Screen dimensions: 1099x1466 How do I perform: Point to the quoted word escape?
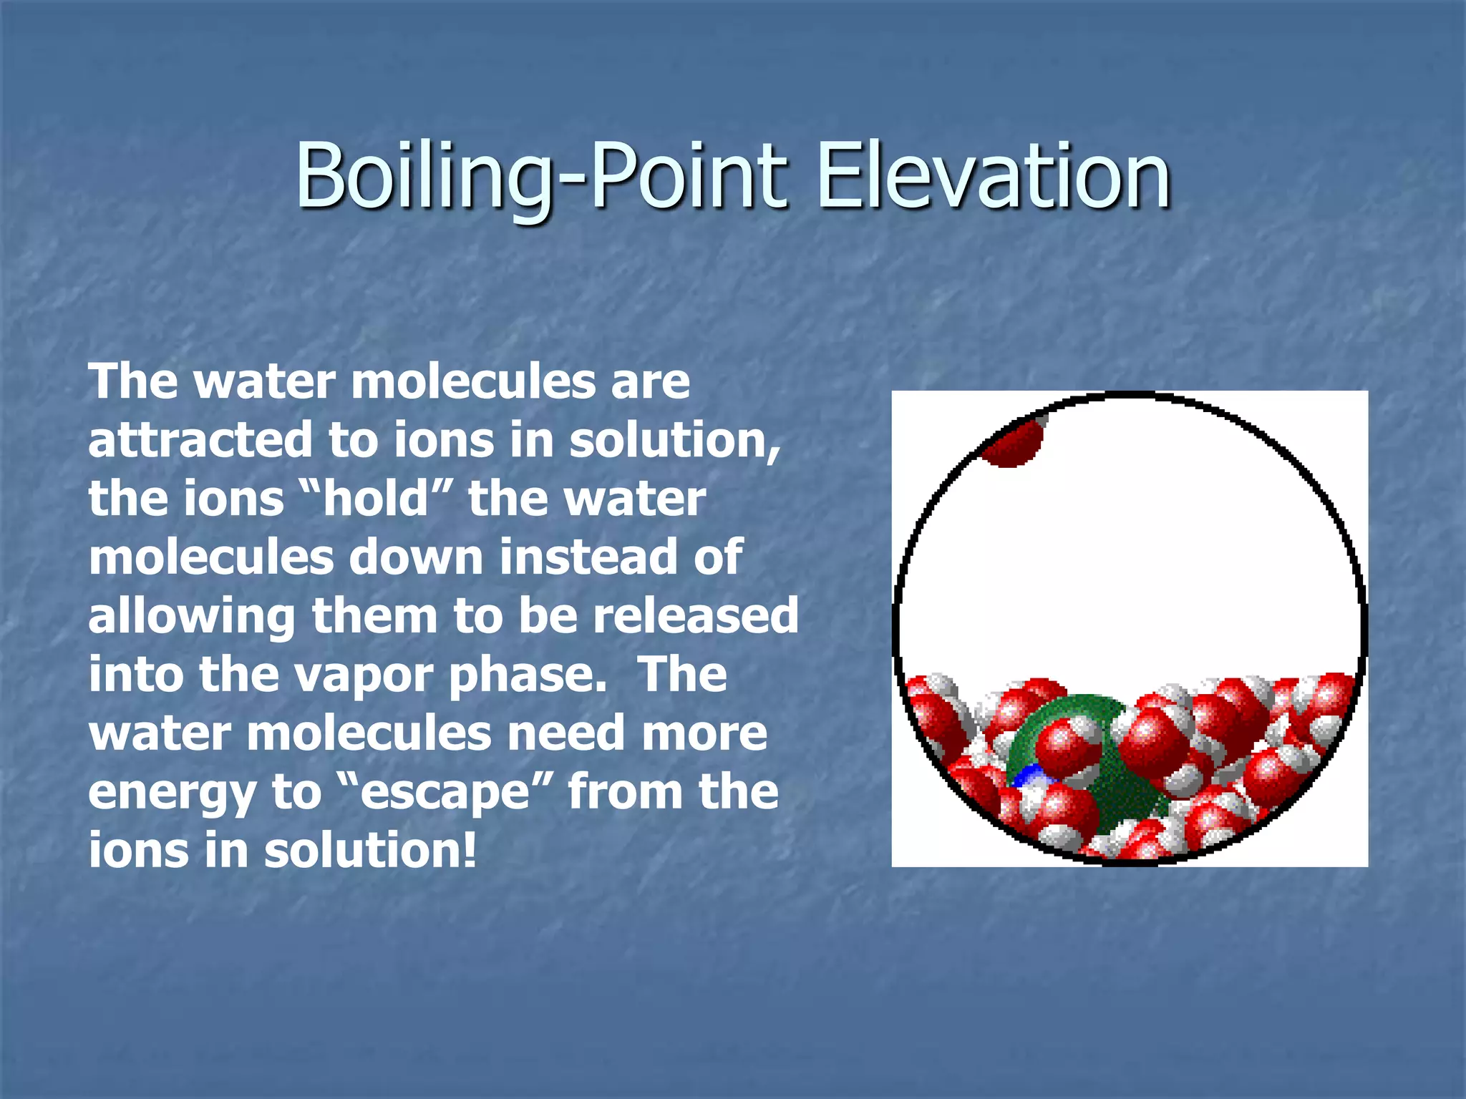point(444,791)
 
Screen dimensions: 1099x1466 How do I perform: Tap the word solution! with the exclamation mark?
point(369,850)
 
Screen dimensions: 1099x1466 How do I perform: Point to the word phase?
point(526,675)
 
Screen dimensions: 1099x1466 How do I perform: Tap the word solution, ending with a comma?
point(674,439)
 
